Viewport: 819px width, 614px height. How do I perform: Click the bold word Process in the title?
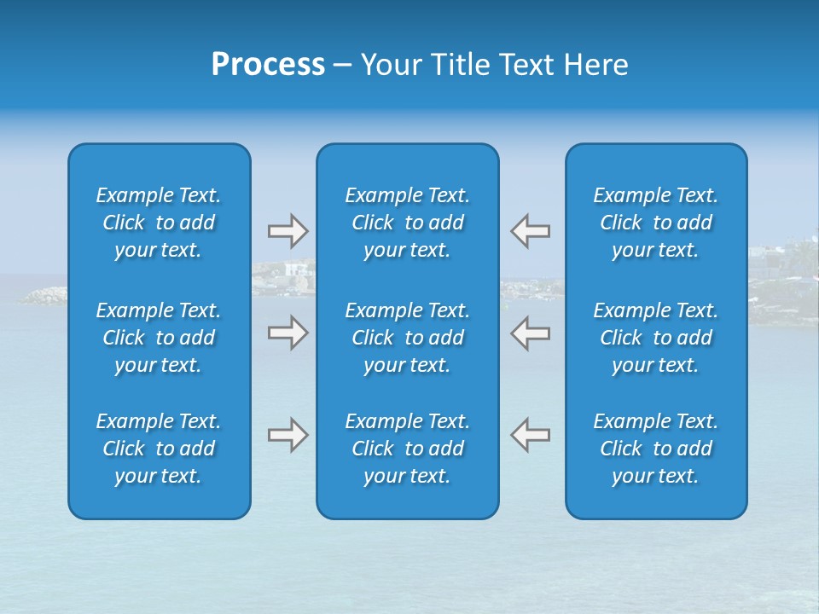coord(268,65)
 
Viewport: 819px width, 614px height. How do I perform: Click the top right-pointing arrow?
coord(288,231)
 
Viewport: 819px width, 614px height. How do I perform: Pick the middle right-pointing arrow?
coord(288,333)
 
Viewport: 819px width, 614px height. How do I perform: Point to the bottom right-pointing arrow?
coord(288,434)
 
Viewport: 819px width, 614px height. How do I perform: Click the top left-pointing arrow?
coord(531,231)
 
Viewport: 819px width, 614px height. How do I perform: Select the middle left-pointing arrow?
coord(531,333)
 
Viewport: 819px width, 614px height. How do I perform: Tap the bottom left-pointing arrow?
coord(531,434)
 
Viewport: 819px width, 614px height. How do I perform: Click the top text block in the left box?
coord(159,223)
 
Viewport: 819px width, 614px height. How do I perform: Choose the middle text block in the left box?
coord(159,338)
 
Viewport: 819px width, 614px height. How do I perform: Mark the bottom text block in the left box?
coord(159,449)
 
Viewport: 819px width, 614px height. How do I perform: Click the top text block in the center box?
coord(407,223)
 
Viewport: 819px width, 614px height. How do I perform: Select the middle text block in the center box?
coord(407,338)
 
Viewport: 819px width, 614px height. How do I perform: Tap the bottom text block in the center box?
coord(407,449)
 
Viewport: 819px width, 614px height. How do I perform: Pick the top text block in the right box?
coord(655,223)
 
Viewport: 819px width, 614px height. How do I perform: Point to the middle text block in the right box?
coord(655,338)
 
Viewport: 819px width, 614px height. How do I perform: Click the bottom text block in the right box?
coord(655,449)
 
